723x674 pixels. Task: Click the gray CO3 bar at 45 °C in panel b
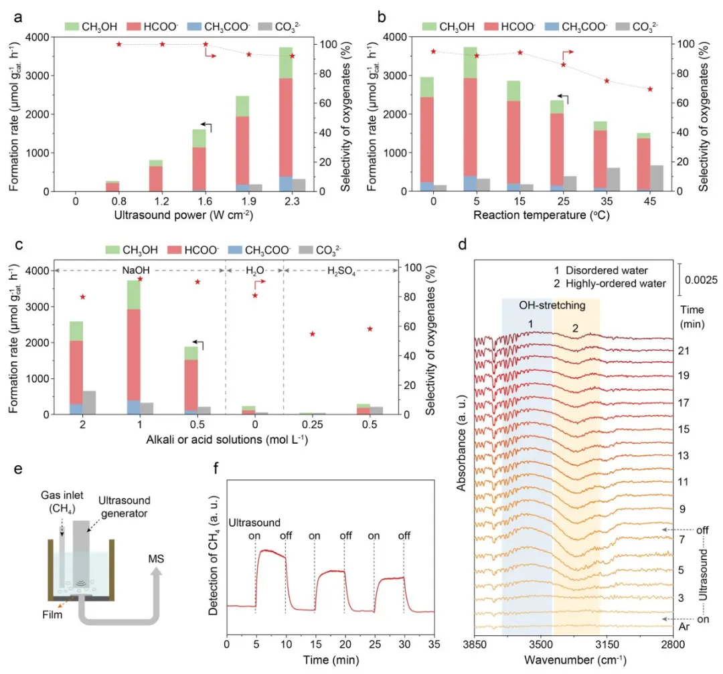[656, 178]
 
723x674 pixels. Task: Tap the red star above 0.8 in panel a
[119, 44]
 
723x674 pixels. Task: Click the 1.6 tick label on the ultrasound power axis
[206, 201]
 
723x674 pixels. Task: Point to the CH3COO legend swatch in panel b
[552, 27]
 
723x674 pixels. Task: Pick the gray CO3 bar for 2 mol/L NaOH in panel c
[89, 402]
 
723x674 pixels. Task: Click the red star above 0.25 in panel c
[313, 334]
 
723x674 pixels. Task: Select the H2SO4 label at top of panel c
[341, 271]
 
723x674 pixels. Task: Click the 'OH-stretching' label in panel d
[552, 305]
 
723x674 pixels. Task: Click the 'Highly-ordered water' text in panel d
[616, 284]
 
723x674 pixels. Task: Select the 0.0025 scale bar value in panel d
[701, 280]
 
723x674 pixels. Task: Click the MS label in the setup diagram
[156, 559]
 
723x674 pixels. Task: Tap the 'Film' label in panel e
[52, 615]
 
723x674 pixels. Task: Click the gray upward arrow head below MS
[156, 572]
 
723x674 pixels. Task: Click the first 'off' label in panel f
[286, 535]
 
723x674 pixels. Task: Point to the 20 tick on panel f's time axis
[345, 644]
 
